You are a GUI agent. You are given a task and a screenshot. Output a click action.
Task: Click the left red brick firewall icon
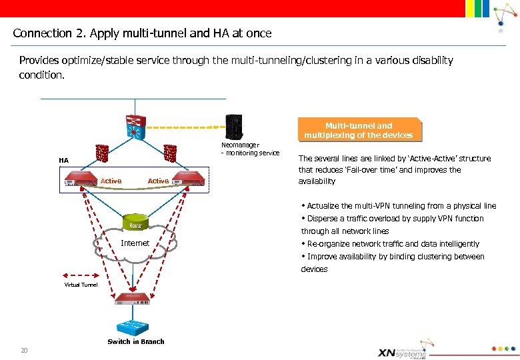(102, 153)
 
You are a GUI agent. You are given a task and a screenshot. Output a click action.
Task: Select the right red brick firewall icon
(169, 153)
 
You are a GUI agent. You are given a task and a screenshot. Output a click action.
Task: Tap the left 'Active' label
(111, 181)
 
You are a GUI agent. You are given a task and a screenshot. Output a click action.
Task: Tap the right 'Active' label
(158, 181)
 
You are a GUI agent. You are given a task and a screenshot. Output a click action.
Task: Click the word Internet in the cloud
(135, 243)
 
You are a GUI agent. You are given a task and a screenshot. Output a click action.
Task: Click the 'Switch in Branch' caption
(136, 342)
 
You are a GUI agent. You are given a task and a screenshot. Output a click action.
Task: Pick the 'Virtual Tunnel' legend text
(81, 285)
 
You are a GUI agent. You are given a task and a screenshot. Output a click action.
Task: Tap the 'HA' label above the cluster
(63, 160)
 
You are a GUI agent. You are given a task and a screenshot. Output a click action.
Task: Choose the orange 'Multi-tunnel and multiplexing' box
(359, 130)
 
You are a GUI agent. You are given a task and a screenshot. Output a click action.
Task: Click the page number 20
(24, 351)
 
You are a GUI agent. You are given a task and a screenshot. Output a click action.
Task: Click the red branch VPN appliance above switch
(136, 299)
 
